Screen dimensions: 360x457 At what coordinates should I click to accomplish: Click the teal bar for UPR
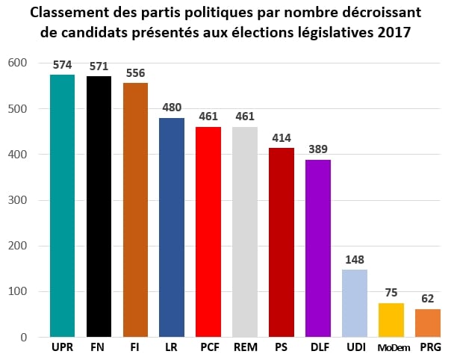pyautogui.click(x=62, y=206)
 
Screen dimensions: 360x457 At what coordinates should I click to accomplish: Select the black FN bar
pyautogui.click(x=99, y=207)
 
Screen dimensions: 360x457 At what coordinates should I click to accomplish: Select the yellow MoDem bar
pyautogui.click(x=391, y=320)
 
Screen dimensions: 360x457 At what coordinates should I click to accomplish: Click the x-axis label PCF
pyautogui.click(x=208, y=348)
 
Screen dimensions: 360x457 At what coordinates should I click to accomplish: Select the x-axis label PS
pyautogui.click(x=282, y=348)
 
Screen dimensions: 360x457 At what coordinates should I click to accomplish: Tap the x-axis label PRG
pyautogui.click(x=428, y=348)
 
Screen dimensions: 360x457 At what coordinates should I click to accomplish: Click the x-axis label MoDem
pyautogui.click(x=391, y=349)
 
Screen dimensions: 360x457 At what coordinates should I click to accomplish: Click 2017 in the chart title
pyautogui.click(x=393, y=34)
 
